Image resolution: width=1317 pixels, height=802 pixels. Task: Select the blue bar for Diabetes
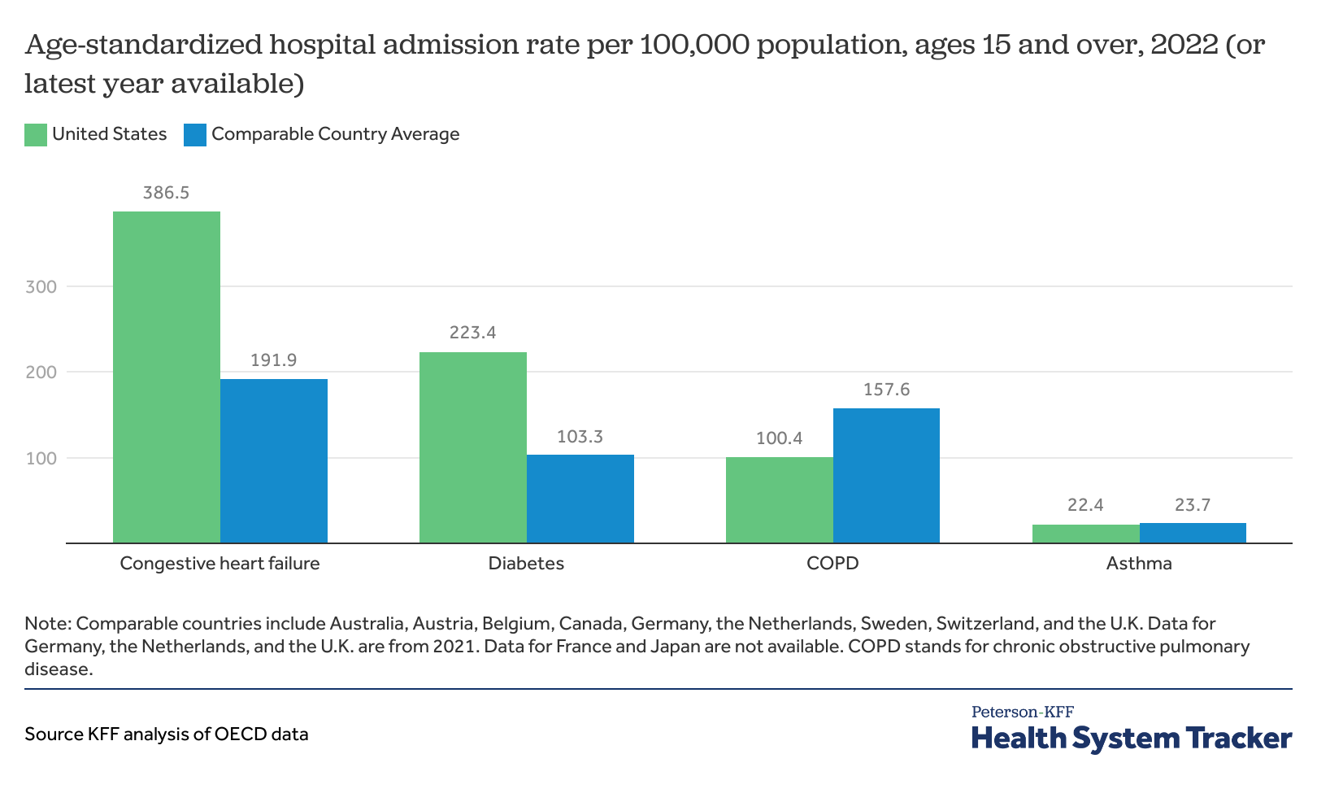coord(580,498)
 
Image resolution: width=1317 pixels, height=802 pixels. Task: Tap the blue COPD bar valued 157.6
coord(886,475)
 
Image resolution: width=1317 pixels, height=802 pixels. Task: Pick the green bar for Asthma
coord(1085,534)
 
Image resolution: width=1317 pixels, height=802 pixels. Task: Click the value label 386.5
coord(166,193)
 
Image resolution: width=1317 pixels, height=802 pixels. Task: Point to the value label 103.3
coord(580,437)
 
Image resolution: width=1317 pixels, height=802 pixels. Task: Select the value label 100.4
coord(779,438)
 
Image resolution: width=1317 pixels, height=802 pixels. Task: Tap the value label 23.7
coord(1193,505)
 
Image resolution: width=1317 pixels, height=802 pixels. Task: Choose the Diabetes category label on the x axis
coord(526,563)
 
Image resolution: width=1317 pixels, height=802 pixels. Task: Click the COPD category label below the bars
coord(832,563)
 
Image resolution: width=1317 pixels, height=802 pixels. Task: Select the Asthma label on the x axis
coord(1139,563)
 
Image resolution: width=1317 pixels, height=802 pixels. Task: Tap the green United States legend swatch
coord(36,135)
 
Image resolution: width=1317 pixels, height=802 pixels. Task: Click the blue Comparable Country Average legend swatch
coord(195,135)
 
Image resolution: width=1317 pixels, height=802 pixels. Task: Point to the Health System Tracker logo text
coord(1131,738)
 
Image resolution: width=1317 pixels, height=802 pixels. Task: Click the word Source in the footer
coord(53,734)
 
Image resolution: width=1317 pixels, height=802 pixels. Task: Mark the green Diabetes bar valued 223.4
coord(472,447)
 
